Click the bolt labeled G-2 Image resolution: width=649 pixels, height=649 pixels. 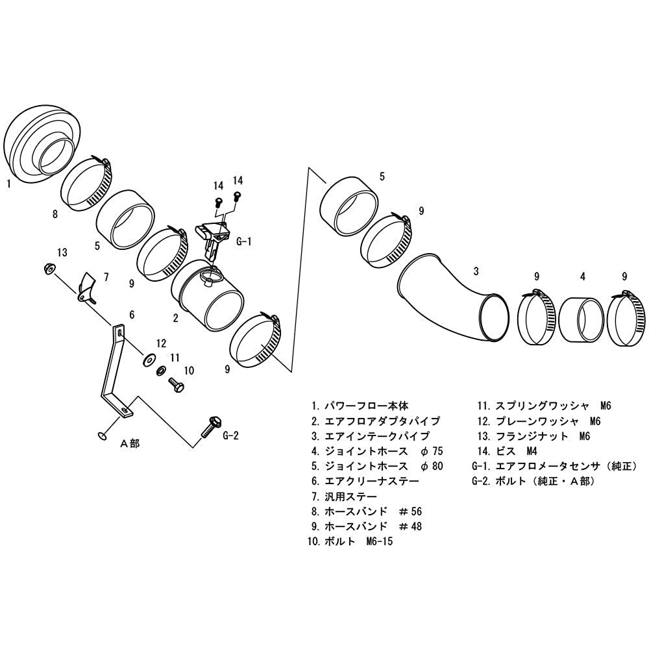(x=211, y=427)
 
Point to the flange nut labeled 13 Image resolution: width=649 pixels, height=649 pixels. (x=49, y=269)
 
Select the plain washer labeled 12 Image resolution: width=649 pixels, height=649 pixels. (x=148, y=360)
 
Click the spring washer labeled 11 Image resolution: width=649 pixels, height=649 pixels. (x=161, y=370)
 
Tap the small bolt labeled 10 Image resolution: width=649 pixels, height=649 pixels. (x=176, y=384)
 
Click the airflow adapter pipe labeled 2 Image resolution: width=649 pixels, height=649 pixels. (x=207, y=297)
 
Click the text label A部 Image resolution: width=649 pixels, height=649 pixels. (x=130, y=444)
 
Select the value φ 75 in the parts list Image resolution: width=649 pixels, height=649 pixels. (x=432, y=451)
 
